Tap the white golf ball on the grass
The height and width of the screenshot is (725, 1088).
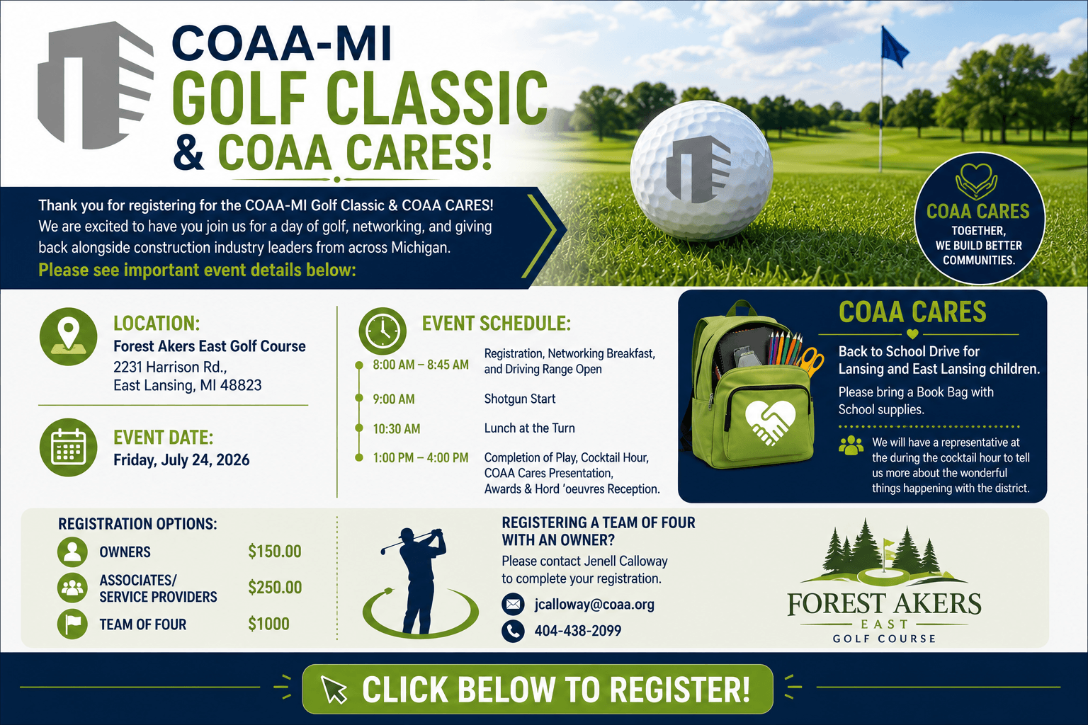click(701, 171)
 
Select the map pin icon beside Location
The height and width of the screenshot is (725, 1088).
click(68, 336)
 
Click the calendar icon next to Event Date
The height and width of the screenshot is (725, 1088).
click(68, 447)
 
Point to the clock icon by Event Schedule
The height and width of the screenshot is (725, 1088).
click(382, 331)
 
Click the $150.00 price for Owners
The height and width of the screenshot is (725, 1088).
click(275, 552)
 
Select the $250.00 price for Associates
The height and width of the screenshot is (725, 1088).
click(275, 588)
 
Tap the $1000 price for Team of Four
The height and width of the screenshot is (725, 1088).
click(268, 624)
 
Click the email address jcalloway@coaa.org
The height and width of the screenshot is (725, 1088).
click(594, 605)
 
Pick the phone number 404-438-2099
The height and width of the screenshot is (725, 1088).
click(578, 631)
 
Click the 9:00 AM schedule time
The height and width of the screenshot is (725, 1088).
click(394, 399)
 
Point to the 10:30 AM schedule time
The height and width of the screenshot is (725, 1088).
click(397, 429)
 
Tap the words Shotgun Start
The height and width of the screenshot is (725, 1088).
click(520, 399)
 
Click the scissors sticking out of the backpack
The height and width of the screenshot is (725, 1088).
click(811, 361)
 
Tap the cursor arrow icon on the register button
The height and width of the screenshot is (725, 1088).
click(334, 690)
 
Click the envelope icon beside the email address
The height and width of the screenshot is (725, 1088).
click(513, 605)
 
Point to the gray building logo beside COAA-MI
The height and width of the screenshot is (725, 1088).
click(96, 86)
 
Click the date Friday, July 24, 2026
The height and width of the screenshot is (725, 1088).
click(181, 460)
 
